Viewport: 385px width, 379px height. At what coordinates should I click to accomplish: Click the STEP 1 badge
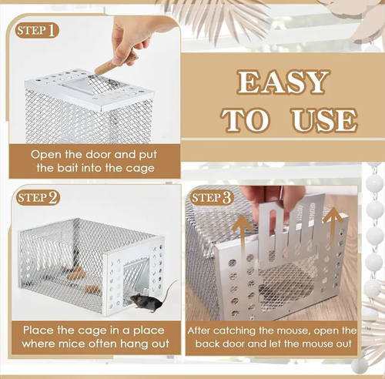(x=36, y=32)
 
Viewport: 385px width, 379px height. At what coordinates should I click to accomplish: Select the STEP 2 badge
(x=37, y=198)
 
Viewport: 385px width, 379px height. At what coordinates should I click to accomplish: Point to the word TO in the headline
(x=246, y=120)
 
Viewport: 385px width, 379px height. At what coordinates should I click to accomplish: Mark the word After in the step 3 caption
(x=203, y=330)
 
